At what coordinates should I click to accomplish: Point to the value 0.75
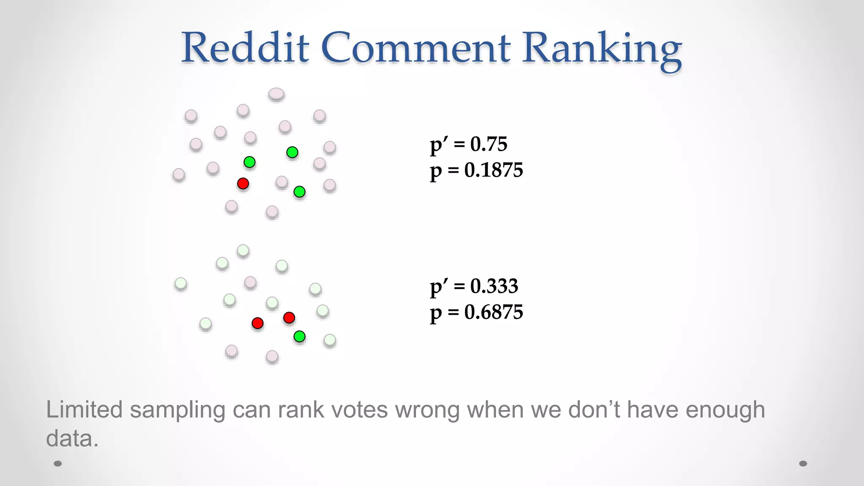[489, 144]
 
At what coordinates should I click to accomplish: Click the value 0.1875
[494, 170]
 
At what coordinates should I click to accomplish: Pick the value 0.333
[494, 286]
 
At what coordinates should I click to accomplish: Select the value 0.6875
[494, 313]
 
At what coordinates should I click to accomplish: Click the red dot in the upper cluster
[243, 184]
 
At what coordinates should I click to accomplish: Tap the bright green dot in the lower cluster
[300, 336]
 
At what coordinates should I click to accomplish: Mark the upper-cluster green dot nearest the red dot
[249, 162]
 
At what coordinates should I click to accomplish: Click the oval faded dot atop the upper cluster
[276, 94]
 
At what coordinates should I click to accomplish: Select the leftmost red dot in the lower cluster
[257, 323]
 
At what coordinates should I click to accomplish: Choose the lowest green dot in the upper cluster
[300, 192]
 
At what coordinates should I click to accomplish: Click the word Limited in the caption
[84, 410]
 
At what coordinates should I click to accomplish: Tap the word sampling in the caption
[178, 410]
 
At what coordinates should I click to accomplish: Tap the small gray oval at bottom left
[58, 464]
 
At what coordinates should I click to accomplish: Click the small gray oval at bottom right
[803, 464]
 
